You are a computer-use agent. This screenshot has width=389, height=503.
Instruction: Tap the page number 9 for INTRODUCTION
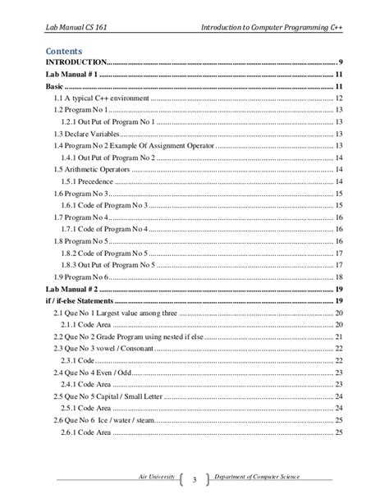340,62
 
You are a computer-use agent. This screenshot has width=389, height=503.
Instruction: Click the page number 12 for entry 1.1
338,98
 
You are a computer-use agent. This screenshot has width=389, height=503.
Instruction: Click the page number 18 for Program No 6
338,278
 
